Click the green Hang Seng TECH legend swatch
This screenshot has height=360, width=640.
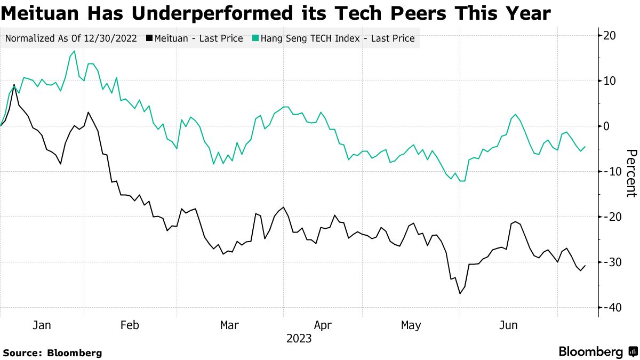[255, 38]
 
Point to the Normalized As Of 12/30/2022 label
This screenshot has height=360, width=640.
[71, 38]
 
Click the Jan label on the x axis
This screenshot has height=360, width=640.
[42, 325]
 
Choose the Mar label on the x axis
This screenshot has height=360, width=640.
[229, 325]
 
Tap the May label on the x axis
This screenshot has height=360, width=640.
[411, 325]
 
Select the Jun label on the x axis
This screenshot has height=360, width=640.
[507, 325]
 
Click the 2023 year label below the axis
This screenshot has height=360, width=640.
[299, 339]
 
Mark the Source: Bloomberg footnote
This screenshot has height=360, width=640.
[52, 353]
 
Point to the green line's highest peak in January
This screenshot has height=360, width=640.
[74, 51]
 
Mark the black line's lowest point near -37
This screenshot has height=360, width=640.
[460, 293]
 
